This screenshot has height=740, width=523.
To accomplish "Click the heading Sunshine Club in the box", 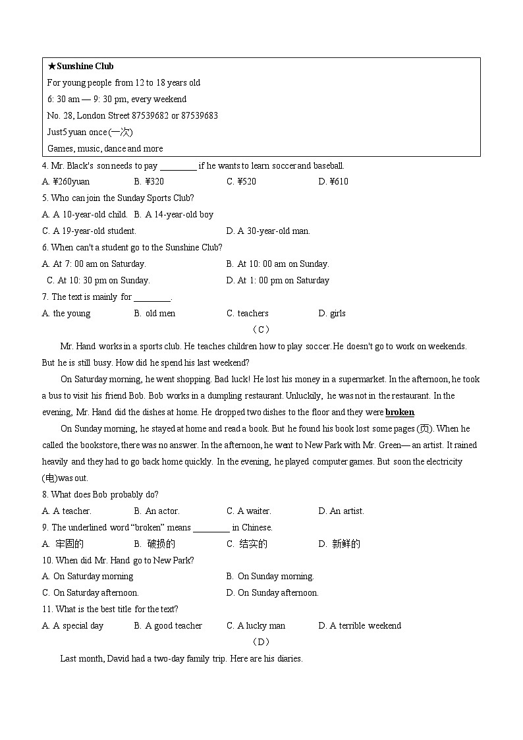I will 85,67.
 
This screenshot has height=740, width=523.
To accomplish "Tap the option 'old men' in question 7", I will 160,314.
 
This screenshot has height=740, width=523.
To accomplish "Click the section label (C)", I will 261,329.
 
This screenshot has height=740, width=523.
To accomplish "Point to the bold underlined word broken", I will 400,413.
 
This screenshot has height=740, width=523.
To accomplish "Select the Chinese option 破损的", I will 161,544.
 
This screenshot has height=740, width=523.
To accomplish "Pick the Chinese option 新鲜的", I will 346,544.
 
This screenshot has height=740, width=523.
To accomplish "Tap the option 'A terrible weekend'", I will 365,626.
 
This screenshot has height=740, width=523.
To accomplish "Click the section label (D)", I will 261,642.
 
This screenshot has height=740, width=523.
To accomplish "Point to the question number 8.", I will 44,495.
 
